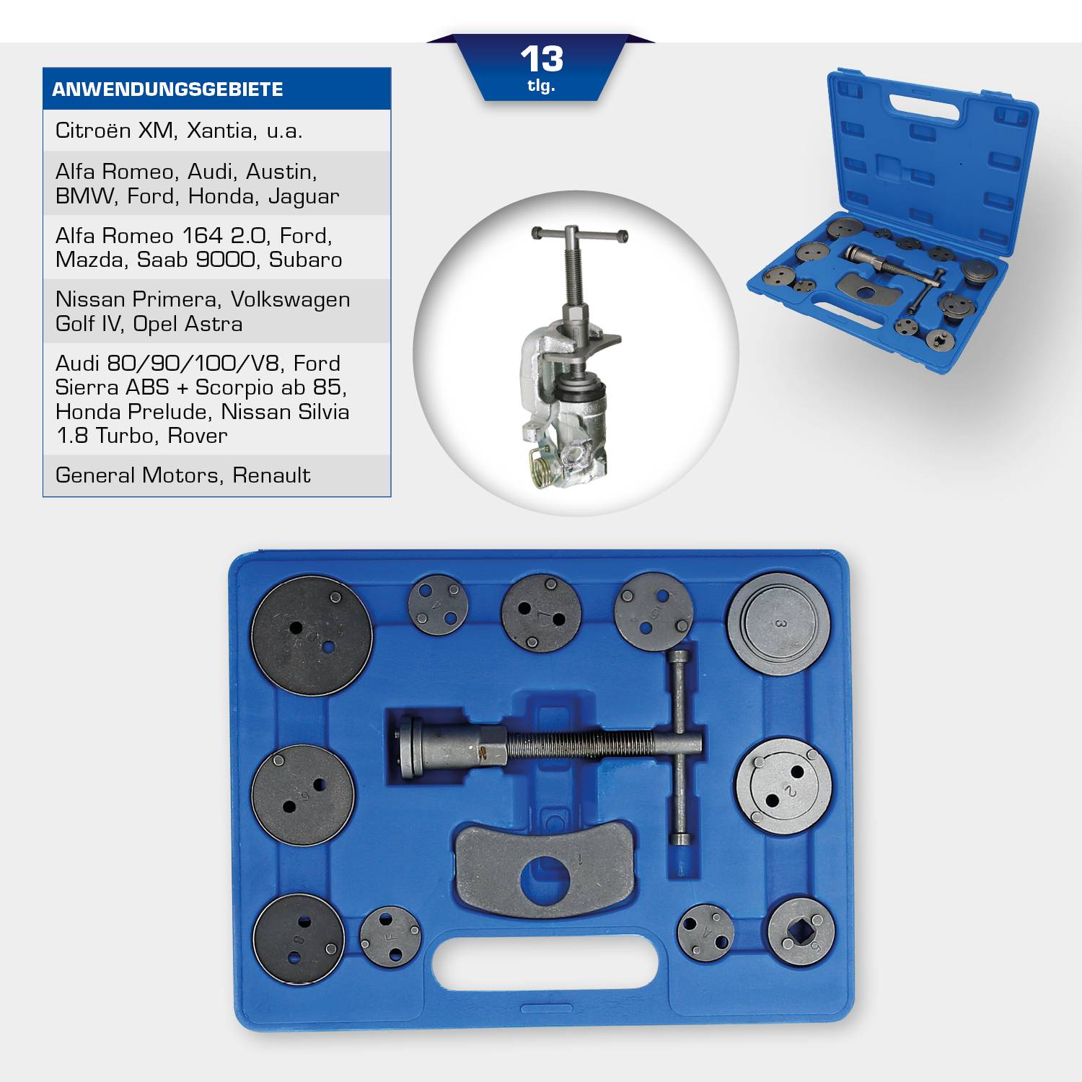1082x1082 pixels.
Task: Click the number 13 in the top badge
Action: (x=541, y=59)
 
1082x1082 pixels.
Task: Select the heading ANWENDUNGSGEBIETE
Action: (x=167, y=89)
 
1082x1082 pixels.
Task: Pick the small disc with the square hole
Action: (x=801, y=933)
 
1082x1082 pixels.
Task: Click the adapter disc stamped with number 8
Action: (x=299, y=938)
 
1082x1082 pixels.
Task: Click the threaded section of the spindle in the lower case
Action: (x=577, y=744)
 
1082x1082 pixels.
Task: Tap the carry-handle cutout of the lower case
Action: (x=545, y=964)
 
